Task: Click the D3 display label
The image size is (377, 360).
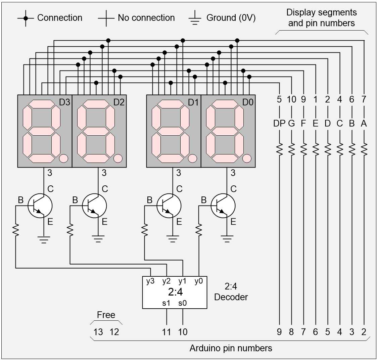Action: click(64, 102)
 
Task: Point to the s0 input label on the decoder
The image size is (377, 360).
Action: click(183, 303)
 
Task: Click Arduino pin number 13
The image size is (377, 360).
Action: click(98, 332)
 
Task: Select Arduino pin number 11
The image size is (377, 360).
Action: click(167, 332)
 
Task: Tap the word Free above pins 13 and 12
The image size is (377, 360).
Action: click(106, 315)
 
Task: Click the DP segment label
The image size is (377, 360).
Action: click(279, 124)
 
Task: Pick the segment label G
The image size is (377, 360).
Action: click(291, 124)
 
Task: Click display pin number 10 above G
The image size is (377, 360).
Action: click(291, 99)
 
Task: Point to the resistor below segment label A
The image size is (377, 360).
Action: click(364, 148)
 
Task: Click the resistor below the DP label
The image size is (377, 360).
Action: click(279, 148)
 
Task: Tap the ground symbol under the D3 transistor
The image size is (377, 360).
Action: click(43, 239)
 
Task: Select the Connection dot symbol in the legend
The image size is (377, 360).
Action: click(26, 18)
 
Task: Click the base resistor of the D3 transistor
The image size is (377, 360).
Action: click(15, 230)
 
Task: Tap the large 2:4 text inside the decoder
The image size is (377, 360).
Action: click(175, 292)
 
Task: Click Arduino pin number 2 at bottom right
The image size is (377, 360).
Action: click(364, 332)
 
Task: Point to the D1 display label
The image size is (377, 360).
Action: click(193, 102)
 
